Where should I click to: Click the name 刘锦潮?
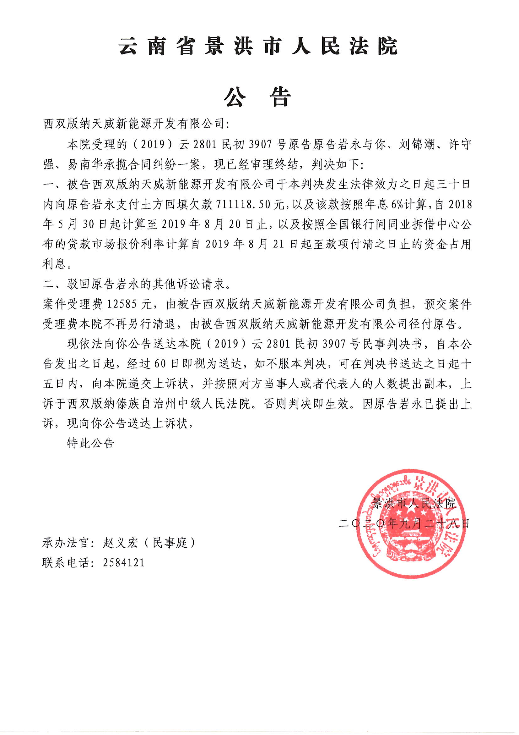tap(417, 145)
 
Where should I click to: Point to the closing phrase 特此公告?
tap(90, 443)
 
